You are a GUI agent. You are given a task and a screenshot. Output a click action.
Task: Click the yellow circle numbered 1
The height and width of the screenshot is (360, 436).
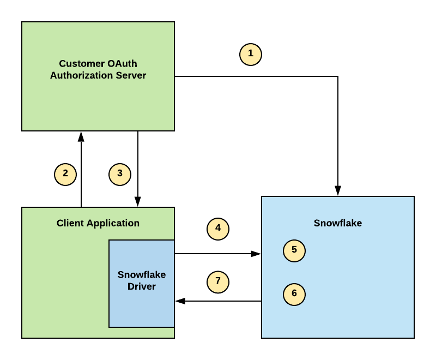pyautogui.click(x=251, y=55)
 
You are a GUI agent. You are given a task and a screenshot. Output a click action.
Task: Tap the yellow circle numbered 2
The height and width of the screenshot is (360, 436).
pyautogui.click(x=65, y=175)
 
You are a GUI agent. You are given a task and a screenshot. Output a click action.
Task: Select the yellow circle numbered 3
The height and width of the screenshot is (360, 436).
pyautogui.click(x=120, y=175)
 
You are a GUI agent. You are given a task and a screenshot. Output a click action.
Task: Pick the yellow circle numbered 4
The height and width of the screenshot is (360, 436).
pyautogui.click(x=218, y=229)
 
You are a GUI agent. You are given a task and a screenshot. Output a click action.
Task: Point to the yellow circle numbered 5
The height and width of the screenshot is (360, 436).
pyautogui.click(x=294, y=251)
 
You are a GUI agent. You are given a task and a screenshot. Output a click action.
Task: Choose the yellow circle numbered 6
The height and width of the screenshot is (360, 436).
pyautogui.click(x=294, y=295)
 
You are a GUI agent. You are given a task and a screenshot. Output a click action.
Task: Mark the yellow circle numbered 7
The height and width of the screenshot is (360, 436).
pyautogui.click(x=218, y=282)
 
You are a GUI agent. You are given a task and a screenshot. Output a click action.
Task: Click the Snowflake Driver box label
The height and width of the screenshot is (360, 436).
pyautogui.click(x=142, y=280)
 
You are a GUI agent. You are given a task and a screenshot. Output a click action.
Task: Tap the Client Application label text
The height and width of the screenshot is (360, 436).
pyautogui.click(x=98, y=223)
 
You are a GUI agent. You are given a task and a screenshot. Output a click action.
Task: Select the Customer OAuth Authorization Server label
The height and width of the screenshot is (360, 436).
pyautogui.click(x=98, y=70)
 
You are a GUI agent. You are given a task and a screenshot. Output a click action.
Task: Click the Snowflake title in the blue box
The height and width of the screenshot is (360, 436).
pyautogui.click(x=338, y=223)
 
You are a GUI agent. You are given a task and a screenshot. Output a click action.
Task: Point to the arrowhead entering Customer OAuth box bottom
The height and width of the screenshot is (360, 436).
pyautogui.click(x=81, y=136)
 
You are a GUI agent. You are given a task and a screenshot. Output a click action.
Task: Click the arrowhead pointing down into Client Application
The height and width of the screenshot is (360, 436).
pyautogui.click(x=138, y=202)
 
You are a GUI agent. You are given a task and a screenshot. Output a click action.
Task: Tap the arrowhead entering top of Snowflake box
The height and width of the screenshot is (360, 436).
pyautogui.click(x=338, y=191)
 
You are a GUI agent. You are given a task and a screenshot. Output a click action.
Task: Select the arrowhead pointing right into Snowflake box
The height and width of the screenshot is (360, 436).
pyautogui.click(x=256, y=254)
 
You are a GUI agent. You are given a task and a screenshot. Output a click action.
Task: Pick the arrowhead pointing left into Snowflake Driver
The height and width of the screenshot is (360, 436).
pyautogui.click(x=180, y=301)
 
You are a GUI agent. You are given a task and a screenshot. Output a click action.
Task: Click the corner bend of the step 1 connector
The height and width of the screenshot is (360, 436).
pyautogui.click(x=338, y=76)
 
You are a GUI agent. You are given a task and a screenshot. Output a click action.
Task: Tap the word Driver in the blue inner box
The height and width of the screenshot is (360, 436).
pyautogui.click(x=142, y=286)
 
